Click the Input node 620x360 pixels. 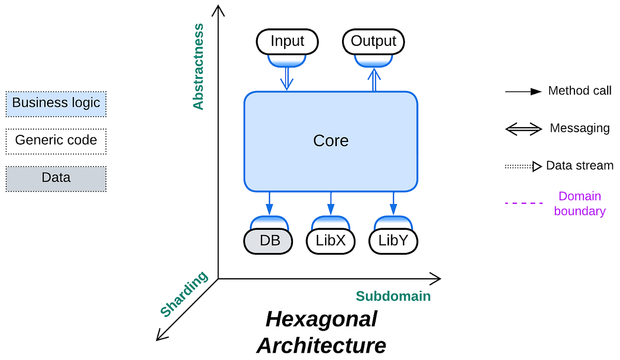(x=287, y=41)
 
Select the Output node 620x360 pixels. (x=374, y=41)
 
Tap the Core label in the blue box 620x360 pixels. (x=331, y=141)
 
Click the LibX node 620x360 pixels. (x=331, y=241)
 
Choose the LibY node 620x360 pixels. (x=393, y=241)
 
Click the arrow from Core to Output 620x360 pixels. (x=374, y=80)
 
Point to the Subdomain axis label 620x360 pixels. (x=393, y=296)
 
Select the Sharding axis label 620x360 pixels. (x=184, y=294)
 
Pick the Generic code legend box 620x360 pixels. (x=56, y=141)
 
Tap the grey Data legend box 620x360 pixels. (x=56, y=179)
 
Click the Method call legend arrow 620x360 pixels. (x=523, y=92)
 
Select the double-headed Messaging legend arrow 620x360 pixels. (x=523, y=129)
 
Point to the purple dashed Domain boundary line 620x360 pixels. (x=523, y=203)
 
